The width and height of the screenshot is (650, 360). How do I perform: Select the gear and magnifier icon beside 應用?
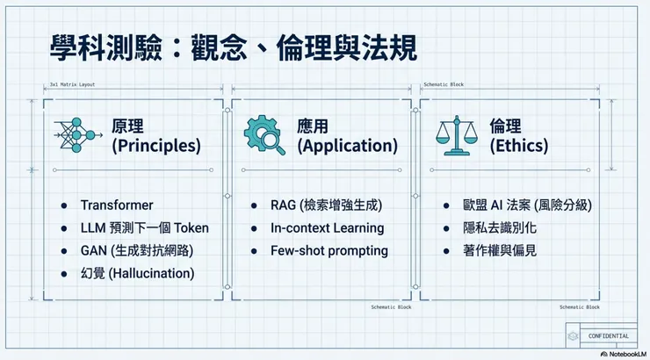click(264, 135)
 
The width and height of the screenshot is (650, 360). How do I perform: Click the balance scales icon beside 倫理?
click(459, 135)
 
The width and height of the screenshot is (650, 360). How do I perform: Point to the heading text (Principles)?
click(156, 146)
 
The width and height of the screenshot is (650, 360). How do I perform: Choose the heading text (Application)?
click(347, 146)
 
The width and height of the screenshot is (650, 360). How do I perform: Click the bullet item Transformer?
click(116, 205)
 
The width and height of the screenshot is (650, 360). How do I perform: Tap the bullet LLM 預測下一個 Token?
click(144, 228)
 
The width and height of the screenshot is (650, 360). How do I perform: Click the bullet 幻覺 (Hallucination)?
click(137, 273)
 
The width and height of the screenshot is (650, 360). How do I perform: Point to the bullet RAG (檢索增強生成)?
click(327, 205)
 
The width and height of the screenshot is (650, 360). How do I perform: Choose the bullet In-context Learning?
click(327, 228)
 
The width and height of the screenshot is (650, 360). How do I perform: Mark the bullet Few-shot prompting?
click(329, 250)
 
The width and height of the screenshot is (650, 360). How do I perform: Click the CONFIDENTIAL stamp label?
click(607, 335)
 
